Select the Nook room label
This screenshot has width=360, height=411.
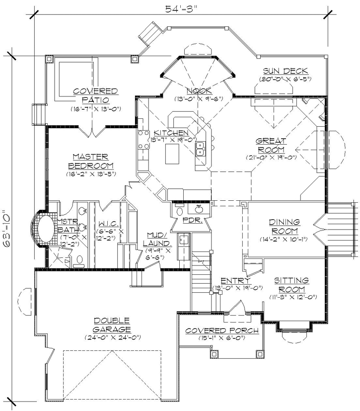coord(199,90)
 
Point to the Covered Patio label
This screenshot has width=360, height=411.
coord(95,95)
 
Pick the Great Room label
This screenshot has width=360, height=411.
coord(271,145)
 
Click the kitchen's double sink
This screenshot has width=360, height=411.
coord(201,149)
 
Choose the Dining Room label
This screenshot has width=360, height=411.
coord(284,226)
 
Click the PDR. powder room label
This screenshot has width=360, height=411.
coord(192,219)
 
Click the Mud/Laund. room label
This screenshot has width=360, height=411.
coord(157,239)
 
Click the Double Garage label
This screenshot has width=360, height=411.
coord(112,325)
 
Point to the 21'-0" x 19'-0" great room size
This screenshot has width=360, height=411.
coord(271,158)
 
